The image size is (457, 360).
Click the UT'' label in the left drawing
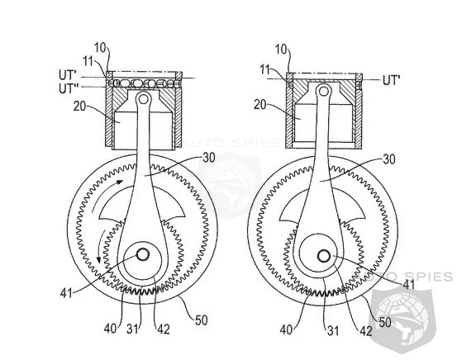pyautogui.click(x=66, y=88)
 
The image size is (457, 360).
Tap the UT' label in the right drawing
pyautogui.click(x=391, y=79)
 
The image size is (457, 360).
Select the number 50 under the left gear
pyautogui.click(x=201, y=320)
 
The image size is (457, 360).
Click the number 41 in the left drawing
pyautogui.click(x=66, y=293)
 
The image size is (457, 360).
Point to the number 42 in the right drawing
pyautogui.click(x=366, y=331)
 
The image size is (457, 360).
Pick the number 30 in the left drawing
pyautogui.click(x=209, y=158)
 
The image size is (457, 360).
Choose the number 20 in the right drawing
pyautogui.click(x=260, y=105)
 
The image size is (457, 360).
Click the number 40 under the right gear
pyautogui.click(x=287, y=330)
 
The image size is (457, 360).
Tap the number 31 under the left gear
pyautogui.click(x=132, y=329)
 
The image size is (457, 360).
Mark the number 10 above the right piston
pyautogui.click(x=282, y=50)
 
